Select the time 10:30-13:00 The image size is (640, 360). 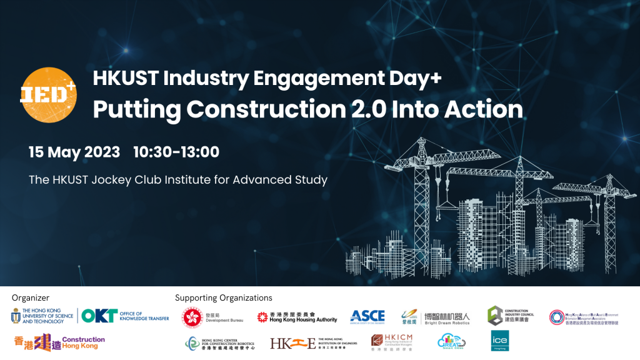click(x=176, y=152)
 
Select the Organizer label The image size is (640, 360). click(x=31, y=298)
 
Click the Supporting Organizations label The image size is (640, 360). click(x=224, y=298)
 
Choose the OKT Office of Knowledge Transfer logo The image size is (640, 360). click(x=125, y=316)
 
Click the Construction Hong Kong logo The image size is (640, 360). click(x=59, y=342)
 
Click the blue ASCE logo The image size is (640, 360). click(x=367, y=316)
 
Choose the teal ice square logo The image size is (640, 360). click(x=499, y=341)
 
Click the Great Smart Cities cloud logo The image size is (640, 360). click(x=451, y=341)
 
